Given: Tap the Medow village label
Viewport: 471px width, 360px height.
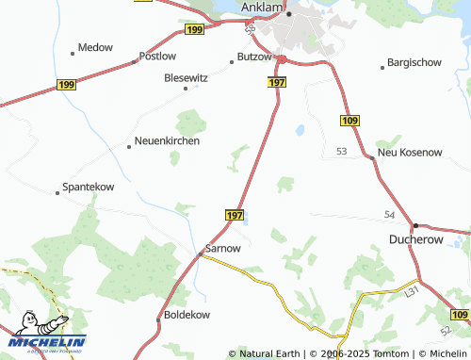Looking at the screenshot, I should tap(95, 47).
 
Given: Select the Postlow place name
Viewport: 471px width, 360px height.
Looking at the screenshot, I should tap(157, 57).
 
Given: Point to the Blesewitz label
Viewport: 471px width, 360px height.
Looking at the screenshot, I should tap(186, 78).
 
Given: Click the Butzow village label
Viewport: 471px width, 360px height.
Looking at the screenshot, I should tap(255, 57).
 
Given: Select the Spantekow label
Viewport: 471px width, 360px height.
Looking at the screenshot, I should tap(88, 188).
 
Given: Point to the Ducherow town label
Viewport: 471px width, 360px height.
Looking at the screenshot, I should tap(418, 241).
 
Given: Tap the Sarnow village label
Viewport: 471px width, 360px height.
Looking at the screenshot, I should tap(222, 248).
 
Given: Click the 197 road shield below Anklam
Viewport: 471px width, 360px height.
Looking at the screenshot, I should tap(276, 83).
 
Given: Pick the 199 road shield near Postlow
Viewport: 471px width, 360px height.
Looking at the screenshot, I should tap(195, 31).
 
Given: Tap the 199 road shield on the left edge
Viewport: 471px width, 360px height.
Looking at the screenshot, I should tap(66, 84).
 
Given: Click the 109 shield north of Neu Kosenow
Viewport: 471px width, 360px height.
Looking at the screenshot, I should tap(349, 121).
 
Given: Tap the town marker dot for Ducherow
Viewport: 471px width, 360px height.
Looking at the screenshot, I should tap(415, 226).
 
